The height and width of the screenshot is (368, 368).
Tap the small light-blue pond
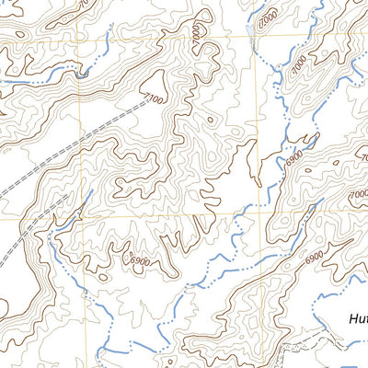[251, 34]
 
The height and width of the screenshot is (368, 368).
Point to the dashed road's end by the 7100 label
[147, 103]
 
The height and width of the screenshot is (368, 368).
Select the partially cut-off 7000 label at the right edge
[361, 195]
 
